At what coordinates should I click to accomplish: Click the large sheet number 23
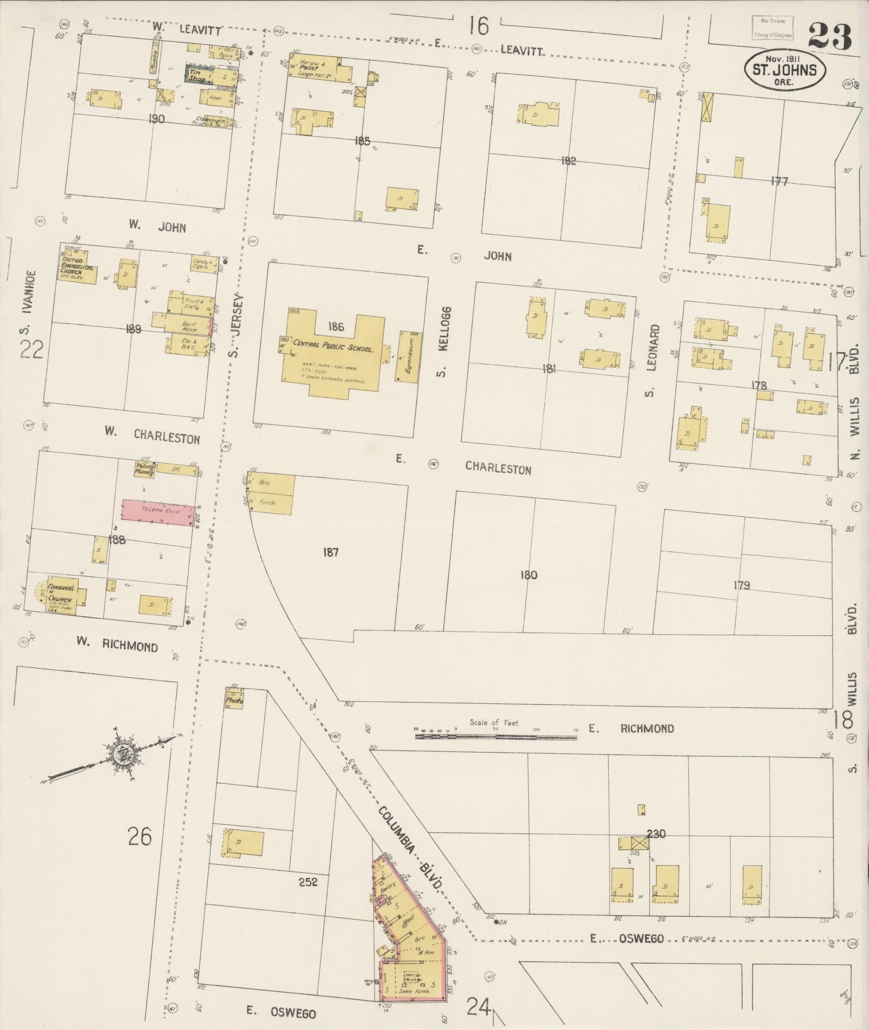click(830, 36)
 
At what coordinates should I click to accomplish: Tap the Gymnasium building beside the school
click(409, 356)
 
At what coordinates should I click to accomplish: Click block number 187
click(330, 552)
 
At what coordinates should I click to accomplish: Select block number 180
click(528, 575)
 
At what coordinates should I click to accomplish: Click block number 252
click(308, 882)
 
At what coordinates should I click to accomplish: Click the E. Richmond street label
click(630, 728)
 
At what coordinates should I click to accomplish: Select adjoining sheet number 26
click(140, 836)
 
